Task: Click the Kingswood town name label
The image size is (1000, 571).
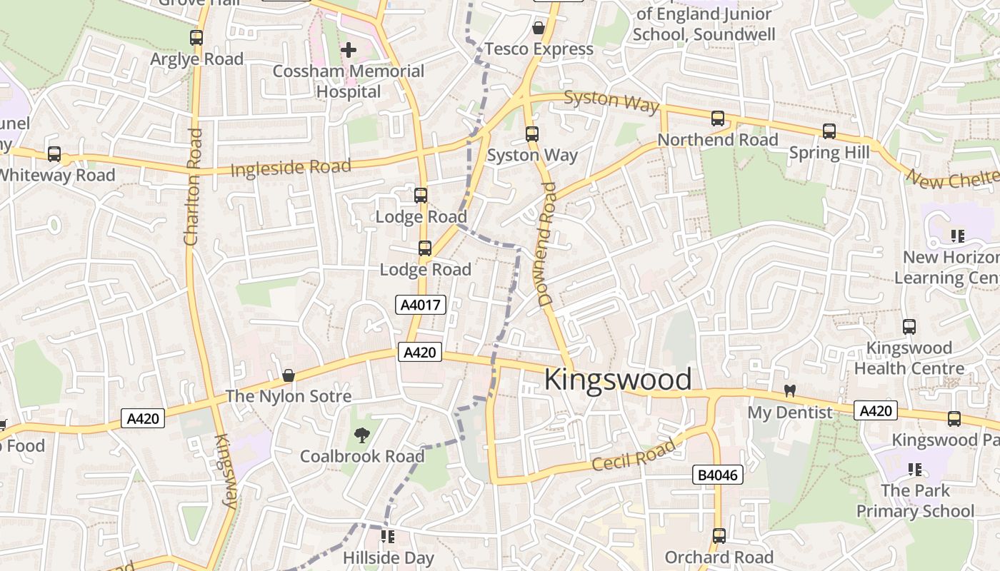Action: pyautogui.click(x=618, y=380)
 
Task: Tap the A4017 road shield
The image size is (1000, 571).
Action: pyautogui.click(x=421, y=305)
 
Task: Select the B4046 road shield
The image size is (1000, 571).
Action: pyautogui.click(x=719, y=475)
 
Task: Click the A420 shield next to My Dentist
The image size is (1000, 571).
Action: pyautogui.click(x=876, y=410)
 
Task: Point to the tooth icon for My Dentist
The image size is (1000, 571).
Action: pyautogui.click(x=790, y=390)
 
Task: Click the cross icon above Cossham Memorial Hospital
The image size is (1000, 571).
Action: pyautogui.click(x=349, y=50)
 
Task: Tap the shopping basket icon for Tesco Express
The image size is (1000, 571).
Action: pyautogui.click(x=538, y=28)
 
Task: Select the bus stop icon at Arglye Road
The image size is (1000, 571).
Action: pyautogui.click(x=196, y=38)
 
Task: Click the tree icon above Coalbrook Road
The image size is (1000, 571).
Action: pyautogui.click(x=362, y=435)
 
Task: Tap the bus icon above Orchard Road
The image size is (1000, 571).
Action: pyautogui.click(x=719, y=535)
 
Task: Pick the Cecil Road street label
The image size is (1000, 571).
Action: pyautogui.click(x=634, y=455)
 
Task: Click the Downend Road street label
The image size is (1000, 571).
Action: pyautogui.click(x=547, y=245)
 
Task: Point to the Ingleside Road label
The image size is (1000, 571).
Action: pyautogui.click(x=291, y=169)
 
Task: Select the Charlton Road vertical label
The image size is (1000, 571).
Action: pyautogui.click(x=192, y=187)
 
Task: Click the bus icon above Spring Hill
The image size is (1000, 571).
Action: pyautogui.click(x=829, y=131)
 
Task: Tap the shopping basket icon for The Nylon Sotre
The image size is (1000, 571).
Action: pyautogui.click(x=289, y=375)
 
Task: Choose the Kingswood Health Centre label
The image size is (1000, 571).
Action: pyautogui.click(x=909, y=358)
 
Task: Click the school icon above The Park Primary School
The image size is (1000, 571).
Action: pyautogui.click(x=915, y=470)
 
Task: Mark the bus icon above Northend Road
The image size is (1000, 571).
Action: pyautogui.click(x=718, y=118)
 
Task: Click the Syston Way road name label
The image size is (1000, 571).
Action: pyautogui.click(x=611, y=101)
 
